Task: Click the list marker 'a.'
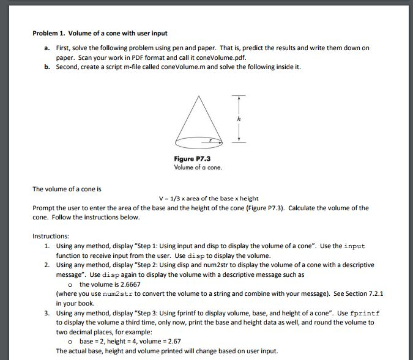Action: [47, 47]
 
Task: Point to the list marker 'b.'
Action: [47, 67]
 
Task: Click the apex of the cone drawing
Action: [198, 97]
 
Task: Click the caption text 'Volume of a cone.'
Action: [198, 167]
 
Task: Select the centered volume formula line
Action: [208, 198]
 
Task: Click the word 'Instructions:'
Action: [51, 235]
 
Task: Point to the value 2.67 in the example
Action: [173, 341]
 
